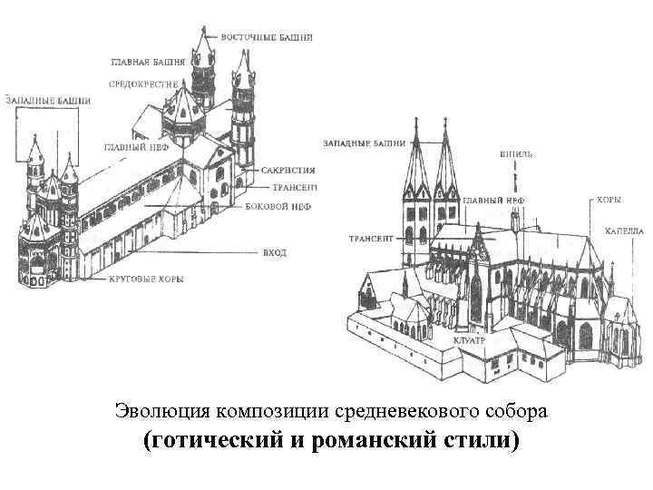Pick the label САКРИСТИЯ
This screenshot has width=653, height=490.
(x=288, y=170)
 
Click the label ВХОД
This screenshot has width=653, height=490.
(x=274, y=251)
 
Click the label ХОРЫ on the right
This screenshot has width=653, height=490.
(x=609, y=196)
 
